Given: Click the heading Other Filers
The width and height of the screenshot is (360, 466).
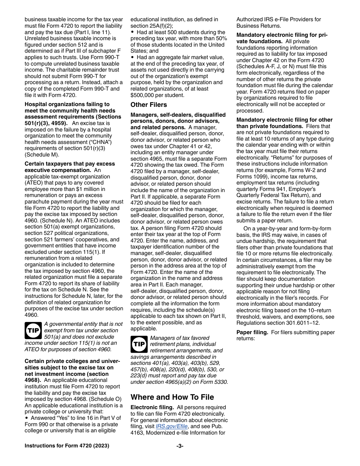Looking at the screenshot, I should [149, 105].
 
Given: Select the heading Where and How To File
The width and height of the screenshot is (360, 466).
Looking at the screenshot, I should [172, 397].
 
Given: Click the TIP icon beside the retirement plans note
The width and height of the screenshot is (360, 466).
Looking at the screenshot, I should [139, 344].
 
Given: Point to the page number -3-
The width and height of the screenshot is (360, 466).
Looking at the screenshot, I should [180, 446].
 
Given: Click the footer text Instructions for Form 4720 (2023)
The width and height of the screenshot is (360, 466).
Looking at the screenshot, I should [67, 446].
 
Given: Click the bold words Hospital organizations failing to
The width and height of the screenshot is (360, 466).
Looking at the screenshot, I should [67, 104].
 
